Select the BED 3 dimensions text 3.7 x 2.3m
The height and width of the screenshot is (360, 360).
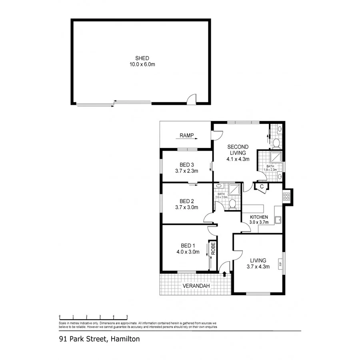pos(187,171)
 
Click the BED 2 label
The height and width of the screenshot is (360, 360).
pos(187,201)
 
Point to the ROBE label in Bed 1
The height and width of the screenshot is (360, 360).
pos(213,249)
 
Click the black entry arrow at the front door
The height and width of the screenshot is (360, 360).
pos(224,274)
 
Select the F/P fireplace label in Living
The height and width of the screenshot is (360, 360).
pos(280,264)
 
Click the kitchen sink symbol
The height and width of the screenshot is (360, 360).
pos(278,220)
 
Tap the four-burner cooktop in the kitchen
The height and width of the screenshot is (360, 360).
pos(286,196)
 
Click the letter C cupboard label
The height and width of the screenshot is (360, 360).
pos(262,186)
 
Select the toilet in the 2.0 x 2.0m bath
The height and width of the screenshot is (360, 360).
pos(233,204)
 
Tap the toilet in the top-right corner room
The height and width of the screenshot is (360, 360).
pos(276,142)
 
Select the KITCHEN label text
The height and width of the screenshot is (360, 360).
pos(258,217)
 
